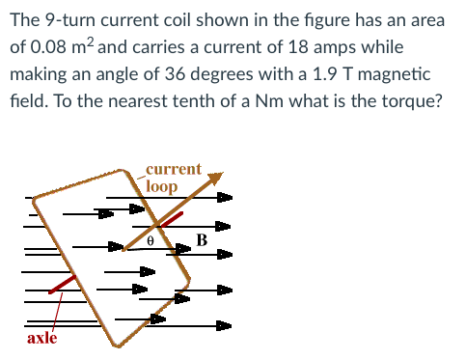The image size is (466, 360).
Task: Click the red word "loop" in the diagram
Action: pos(161,185)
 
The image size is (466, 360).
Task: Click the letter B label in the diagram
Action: pos(201,238)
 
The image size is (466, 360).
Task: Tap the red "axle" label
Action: pos(41,337)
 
